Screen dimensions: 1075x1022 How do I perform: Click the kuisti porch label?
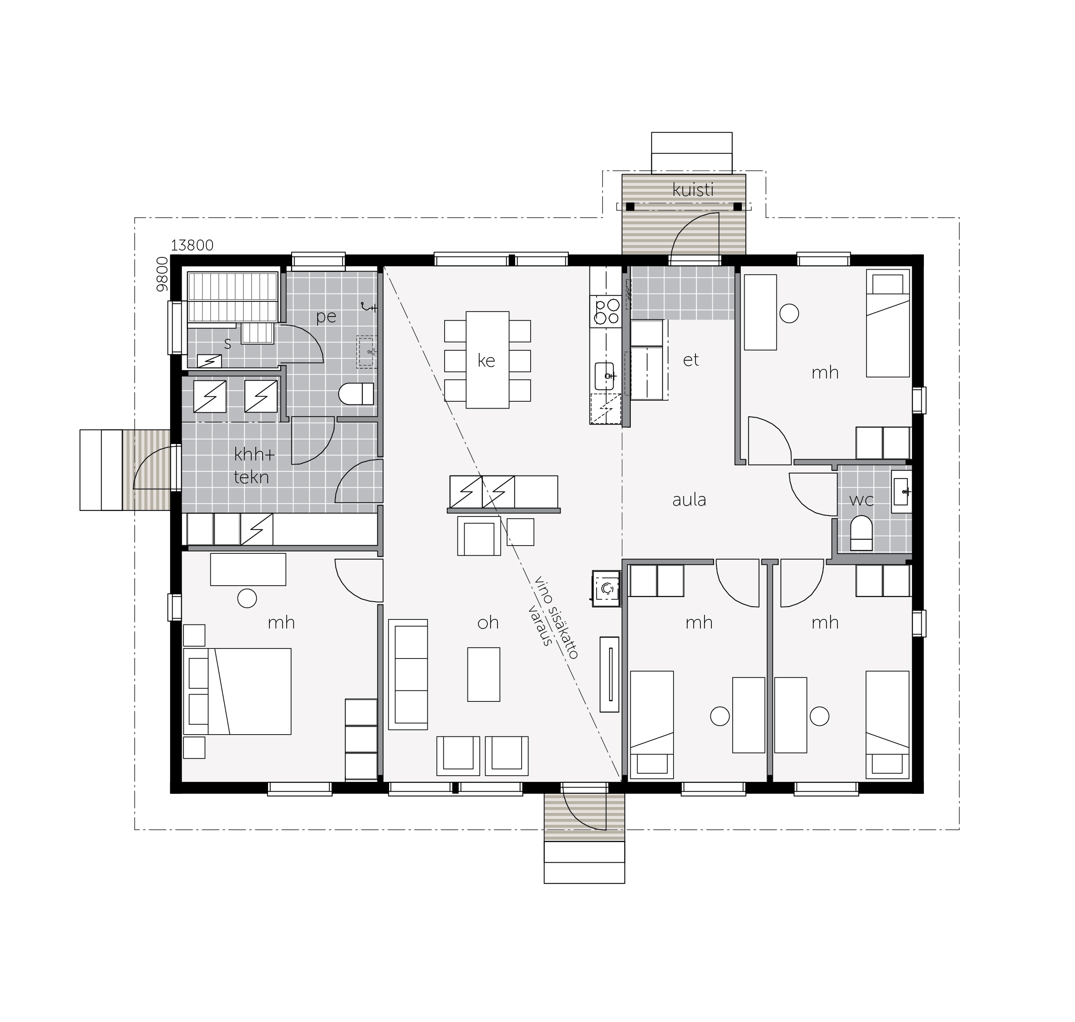click(x=693, y=190)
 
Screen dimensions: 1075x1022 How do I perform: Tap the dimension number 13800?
click(x=192, y=245)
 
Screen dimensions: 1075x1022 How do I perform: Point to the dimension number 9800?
click(x=162, y=274)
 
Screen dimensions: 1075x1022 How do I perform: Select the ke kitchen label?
click(x=486, y=360)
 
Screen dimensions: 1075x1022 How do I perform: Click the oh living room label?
click(x=488, y=623)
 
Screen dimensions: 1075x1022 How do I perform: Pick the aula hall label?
click(x=689, y=500)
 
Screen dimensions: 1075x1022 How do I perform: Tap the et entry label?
click(x=691, y=359)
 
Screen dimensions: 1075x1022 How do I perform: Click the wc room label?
click(x=862, y=500)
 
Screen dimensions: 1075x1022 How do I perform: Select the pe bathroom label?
click(x=326, y=317)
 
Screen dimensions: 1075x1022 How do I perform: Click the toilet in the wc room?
click(x=861, y=533)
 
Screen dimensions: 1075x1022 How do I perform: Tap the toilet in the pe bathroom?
click(x=356, y=393)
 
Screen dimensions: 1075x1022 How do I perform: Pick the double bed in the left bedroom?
click(x=237, y=691)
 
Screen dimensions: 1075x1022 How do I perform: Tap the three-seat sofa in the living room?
click(x=408, y=675)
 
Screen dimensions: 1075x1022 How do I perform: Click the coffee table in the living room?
click(x=483, y=675)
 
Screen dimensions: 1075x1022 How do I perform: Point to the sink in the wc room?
click(x=901, y=491)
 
